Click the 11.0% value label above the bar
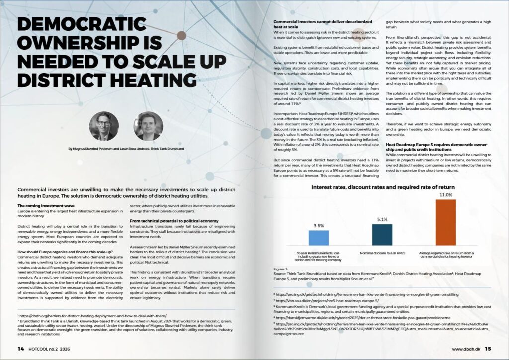445,195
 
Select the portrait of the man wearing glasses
104,126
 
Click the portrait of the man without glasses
148,126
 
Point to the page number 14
20,348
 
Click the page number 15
489,348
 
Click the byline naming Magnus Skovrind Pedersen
126,149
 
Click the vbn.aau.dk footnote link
327,300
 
